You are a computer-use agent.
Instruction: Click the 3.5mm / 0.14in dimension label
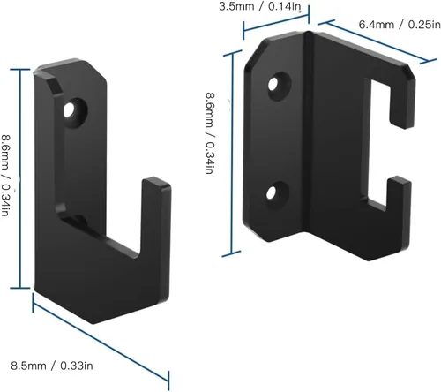click(x=260, y=7)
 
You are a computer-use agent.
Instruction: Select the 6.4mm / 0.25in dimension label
click(x=400, y=25)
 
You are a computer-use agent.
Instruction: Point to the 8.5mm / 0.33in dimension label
click(x=52, y=366)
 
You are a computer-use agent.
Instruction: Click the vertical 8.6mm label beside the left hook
click(x=5, y=176)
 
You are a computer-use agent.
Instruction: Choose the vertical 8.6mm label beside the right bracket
click(x=210, y=133)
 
